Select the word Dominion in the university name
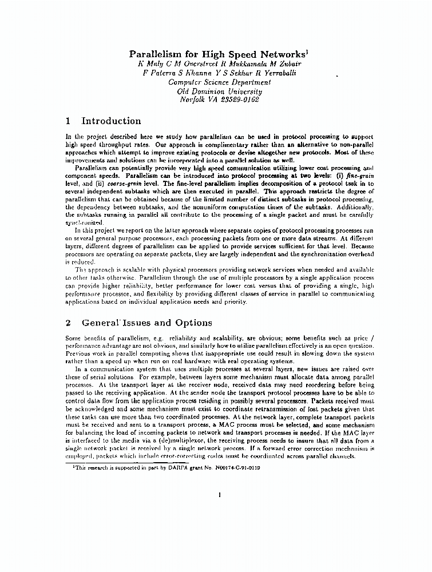click(x=215, y=91)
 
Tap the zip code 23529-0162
click(x=235, y=100)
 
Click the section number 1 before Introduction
click(x=68, y=121)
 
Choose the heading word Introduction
click(x=111, y=121)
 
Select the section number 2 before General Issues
click(x=68, y=323)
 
